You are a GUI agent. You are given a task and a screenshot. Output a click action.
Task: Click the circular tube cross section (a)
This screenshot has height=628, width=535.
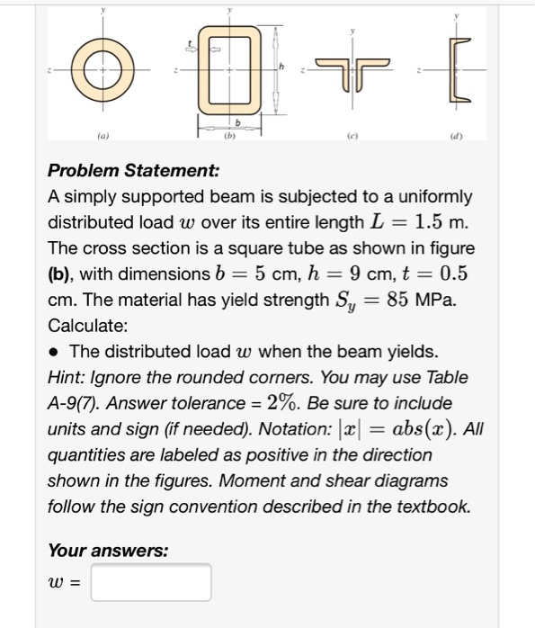click(x=103, y=69)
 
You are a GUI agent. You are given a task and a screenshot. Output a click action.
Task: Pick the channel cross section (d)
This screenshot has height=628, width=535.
click(x=461, y=69)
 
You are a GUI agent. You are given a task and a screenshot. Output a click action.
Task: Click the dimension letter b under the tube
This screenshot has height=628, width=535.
click(x=237, y=122)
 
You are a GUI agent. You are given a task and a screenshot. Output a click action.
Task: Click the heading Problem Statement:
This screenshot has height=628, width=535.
click(x=133, y=171)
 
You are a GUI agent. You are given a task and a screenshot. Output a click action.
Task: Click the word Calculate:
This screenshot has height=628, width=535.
click(x=87, y=325)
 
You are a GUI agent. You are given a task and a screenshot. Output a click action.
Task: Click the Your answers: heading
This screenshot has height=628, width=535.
click(x=107, y=550)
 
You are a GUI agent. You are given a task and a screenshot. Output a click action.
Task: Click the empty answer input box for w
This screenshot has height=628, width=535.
click(x=151, y=582)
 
